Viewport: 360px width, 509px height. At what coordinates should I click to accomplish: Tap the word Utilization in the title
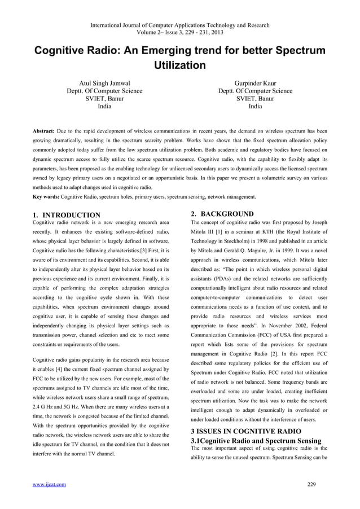[x=179, y=66]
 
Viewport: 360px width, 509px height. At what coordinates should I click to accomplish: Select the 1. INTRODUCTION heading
[x=67, y=215]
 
